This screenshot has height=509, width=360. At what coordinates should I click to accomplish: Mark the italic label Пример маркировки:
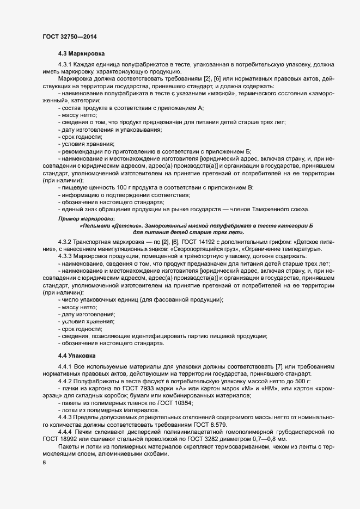coord(83,218)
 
